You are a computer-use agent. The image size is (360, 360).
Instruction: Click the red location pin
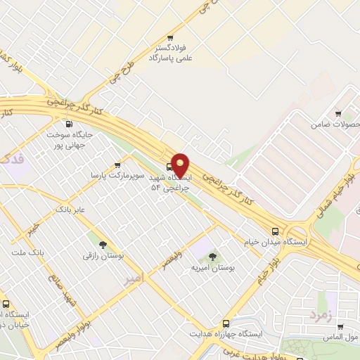click(x=181, y=166)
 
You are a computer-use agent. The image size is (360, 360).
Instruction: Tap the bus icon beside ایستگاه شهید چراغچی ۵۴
click(x=169, y=167)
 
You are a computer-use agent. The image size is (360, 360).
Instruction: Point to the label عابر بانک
click(x=70, y=210)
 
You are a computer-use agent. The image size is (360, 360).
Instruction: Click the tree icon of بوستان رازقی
click(x=103, y=245)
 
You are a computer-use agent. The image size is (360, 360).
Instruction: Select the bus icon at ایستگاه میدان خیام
click(x=275, y=231)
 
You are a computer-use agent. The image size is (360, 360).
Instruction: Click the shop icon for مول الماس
click(x=340, y=327)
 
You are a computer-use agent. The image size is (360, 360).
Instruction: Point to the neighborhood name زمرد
click(x=319, y=316)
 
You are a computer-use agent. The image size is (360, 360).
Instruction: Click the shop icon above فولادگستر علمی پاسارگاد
click(x=169, y=38)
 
